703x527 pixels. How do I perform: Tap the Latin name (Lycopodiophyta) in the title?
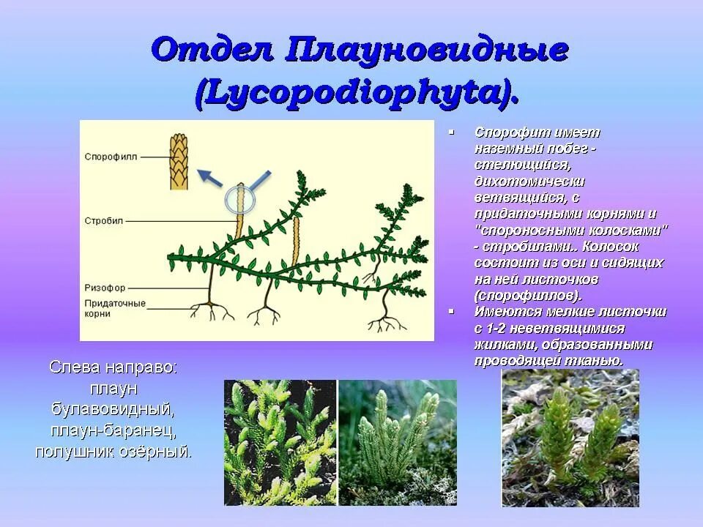357,93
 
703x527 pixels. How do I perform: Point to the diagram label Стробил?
105,220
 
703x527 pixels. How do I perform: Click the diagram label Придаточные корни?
108,307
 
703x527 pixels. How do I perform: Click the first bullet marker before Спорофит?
452,132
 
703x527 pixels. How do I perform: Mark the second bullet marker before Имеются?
452,310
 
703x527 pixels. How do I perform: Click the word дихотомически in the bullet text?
529,181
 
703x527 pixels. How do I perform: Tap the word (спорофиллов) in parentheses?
527,296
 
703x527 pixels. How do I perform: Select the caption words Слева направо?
114,367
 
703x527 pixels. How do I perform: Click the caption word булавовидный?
113,406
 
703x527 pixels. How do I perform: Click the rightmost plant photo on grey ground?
570,438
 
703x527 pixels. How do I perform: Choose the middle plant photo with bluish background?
398,442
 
